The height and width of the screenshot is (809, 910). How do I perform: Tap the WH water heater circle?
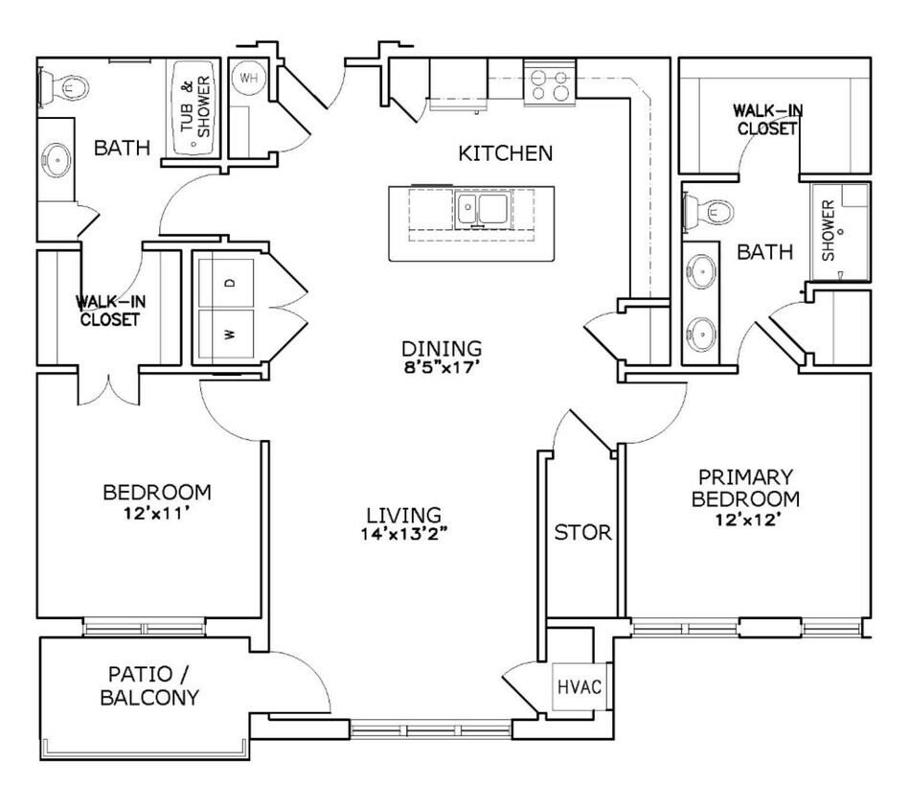248,77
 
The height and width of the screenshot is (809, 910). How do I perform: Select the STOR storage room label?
582,533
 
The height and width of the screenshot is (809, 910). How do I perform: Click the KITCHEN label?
505,152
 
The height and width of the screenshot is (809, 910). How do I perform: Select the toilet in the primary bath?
708,208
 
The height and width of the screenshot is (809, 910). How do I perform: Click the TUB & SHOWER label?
196,105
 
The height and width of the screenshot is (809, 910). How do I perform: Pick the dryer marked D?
229,283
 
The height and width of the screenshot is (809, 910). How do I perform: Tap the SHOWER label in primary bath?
829,230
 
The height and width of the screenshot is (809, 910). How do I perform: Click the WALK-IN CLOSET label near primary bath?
767,119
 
